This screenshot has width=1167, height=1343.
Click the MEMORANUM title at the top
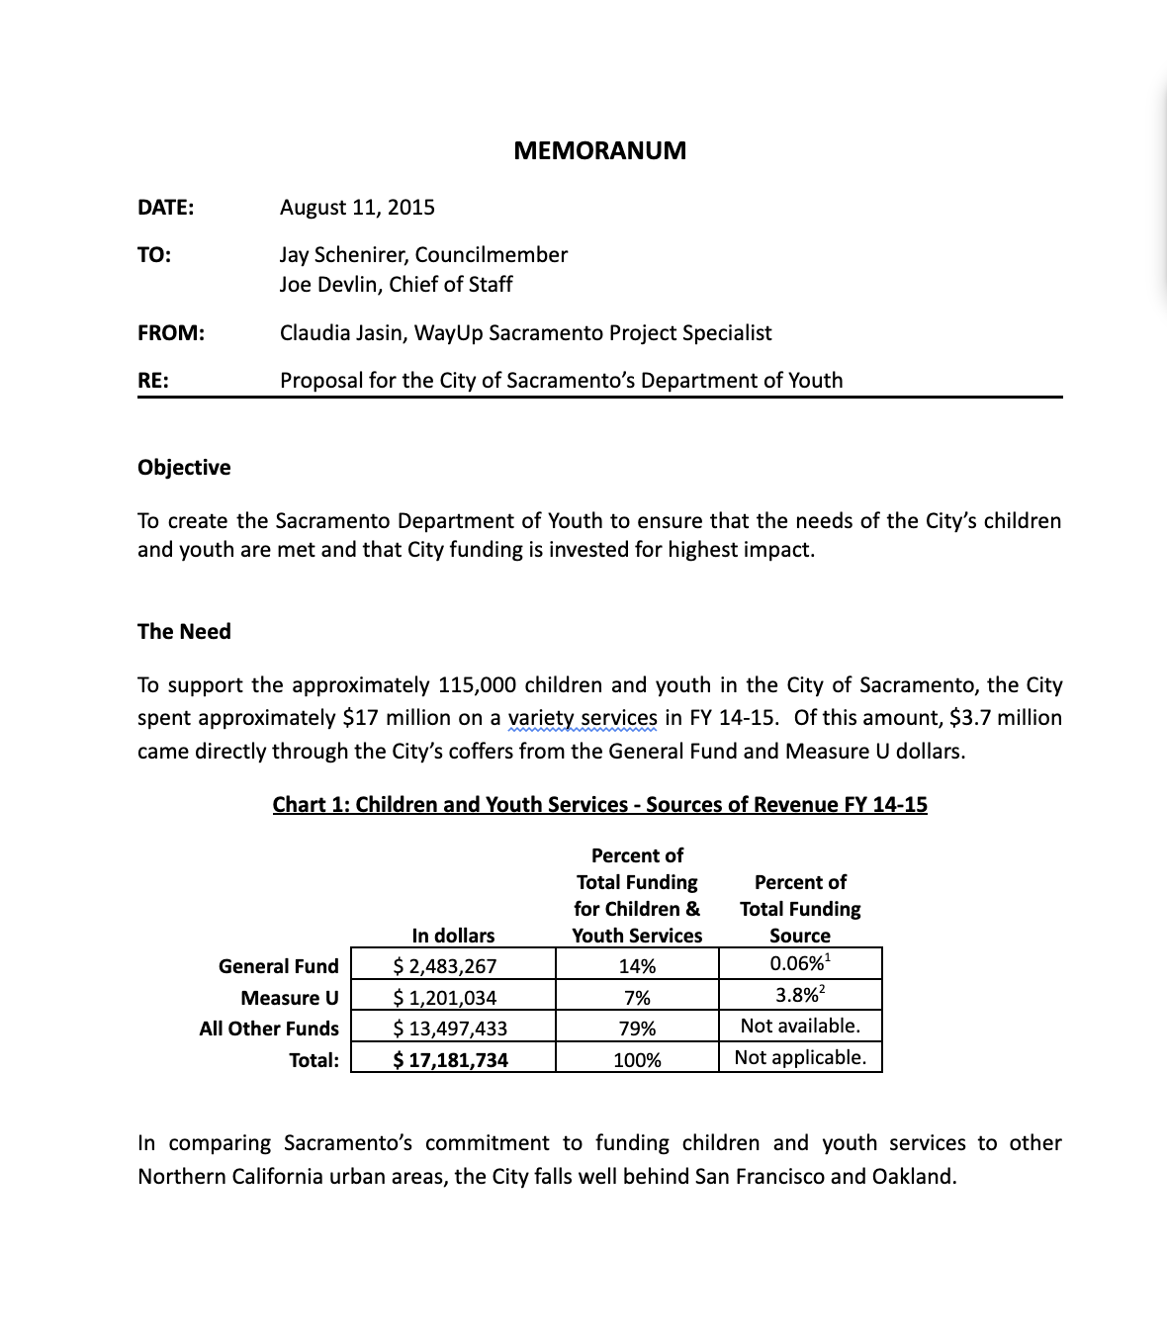click(599, 150)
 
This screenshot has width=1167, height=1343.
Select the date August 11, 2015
click(357, 207)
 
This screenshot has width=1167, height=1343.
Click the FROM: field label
click(171, 332)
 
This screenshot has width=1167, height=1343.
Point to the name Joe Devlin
click(325, 284)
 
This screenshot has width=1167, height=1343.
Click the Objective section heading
click(184, 467)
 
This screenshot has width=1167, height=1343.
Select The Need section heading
click(184, 631)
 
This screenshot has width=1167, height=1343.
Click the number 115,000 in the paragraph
click(477, 684)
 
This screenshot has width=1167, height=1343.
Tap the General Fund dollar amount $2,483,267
click(445, 966)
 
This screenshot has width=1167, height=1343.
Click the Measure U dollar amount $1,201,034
click(445, 997)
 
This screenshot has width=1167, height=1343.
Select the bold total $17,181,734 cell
click(450, 1059)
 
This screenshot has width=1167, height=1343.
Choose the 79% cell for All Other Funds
click(637, 1029)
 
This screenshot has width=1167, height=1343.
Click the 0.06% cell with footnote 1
click(799, 964)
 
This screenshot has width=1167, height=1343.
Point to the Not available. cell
click(800, 1026)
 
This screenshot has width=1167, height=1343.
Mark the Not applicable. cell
click(800, 1057)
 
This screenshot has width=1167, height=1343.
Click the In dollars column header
click(453, 935)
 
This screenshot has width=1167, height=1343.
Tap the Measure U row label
click(289, 997)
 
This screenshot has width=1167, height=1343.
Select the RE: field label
click(153, 380)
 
